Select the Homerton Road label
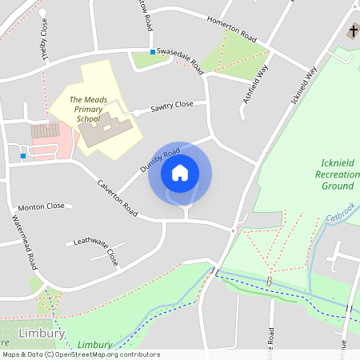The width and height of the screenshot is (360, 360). (232, 30)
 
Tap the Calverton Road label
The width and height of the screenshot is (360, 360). (117, 198)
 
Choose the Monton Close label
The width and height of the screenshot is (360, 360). (41, 206)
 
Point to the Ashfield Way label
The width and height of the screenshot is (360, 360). (254, 86)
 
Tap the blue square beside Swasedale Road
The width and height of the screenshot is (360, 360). (152, 53)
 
